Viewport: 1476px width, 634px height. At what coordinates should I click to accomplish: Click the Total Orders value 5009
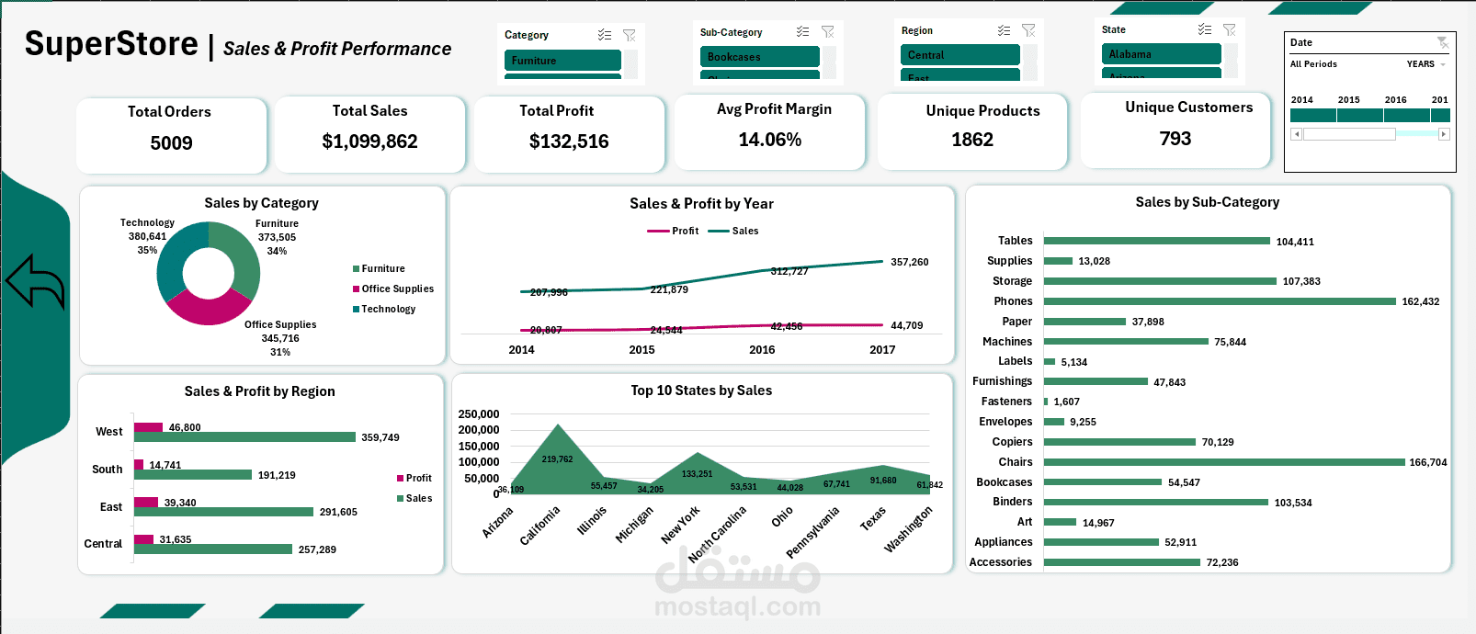pos(171,143)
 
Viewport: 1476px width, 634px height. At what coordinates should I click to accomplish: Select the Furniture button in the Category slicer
pos(562,61)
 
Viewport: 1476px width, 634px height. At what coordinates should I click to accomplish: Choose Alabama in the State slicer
pos(1162,54)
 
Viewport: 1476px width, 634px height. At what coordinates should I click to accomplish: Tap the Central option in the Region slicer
pos(959,55)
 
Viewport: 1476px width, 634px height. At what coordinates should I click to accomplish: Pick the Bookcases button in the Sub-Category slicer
pos(758,57)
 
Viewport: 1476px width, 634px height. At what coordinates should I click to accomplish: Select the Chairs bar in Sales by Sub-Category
pos(1223,462)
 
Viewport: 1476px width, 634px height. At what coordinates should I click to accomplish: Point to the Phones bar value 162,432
pos(1420,301)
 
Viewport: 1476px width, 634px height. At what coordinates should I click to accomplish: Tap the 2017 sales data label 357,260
pos(909,262)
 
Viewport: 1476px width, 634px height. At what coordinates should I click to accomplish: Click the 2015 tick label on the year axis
pos(641,350)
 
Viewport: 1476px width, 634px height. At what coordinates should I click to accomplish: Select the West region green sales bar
pos(244,437)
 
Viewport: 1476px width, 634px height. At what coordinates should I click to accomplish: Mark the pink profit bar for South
pos(139,465)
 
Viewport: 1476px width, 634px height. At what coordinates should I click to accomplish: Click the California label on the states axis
pos(539,526)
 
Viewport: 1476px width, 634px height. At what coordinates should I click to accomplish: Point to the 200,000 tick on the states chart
pos(479,430)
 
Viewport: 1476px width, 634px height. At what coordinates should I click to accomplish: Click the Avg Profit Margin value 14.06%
pos(769,140)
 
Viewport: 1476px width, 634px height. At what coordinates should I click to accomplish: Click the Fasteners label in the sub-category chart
pos(1006,402)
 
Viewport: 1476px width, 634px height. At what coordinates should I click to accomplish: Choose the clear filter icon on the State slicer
pos(1229,29)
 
